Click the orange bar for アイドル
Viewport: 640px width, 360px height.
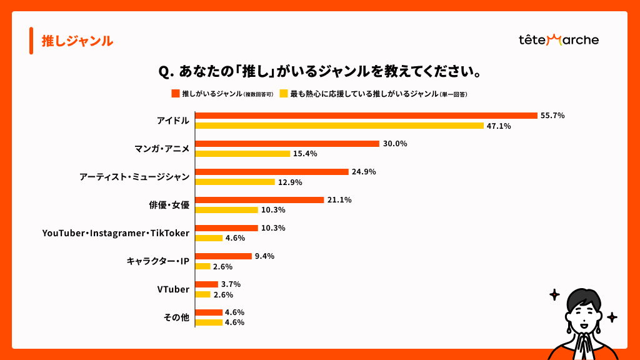point(366,116)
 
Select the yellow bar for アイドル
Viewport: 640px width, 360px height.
point(339,126)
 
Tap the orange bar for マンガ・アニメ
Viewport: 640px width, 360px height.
point(287,144)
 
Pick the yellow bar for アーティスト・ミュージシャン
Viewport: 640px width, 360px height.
point(235,182)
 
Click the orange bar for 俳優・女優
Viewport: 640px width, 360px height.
point(259,200)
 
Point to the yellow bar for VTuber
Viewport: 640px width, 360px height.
point(202,294)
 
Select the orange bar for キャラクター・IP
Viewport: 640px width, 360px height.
point(223,256)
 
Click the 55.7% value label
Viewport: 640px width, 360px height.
point(553,116)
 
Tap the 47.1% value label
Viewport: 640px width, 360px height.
point(499,126)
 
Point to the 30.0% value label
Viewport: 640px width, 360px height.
point(395,144)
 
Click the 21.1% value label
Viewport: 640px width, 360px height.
point(339,200)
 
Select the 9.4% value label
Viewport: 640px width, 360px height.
point(264,256)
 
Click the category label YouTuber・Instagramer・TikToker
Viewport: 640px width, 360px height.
point(116,233)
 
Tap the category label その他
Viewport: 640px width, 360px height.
point(176,317)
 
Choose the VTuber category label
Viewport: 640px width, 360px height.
point(173,289)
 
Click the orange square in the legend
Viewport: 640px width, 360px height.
point(176,94)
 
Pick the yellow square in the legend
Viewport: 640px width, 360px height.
point(283,94)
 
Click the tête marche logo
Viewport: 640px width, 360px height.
point(558,40)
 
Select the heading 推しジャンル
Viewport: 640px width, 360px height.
point(77,41)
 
